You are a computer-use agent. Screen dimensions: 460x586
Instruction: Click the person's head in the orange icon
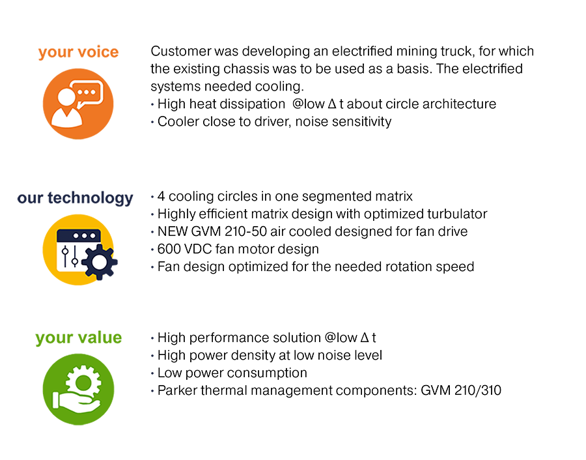pos(65,96)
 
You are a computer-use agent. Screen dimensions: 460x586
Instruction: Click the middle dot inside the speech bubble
pos(87,92)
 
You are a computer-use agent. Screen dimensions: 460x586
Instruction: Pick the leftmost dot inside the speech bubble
pos(81,92)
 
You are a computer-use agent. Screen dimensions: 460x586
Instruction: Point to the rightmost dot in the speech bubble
pos(94,92)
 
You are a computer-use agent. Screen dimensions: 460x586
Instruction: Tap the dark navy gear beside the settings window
pos(100,262)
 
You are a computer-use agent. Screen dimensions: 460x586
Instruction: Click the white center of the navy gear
pos(100,263)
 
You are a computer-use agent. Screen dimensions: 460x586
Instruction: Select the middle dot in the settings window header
pos(79,235)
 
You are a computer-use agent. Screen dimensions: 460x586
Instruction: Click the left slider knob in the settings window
pos(66,252)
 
